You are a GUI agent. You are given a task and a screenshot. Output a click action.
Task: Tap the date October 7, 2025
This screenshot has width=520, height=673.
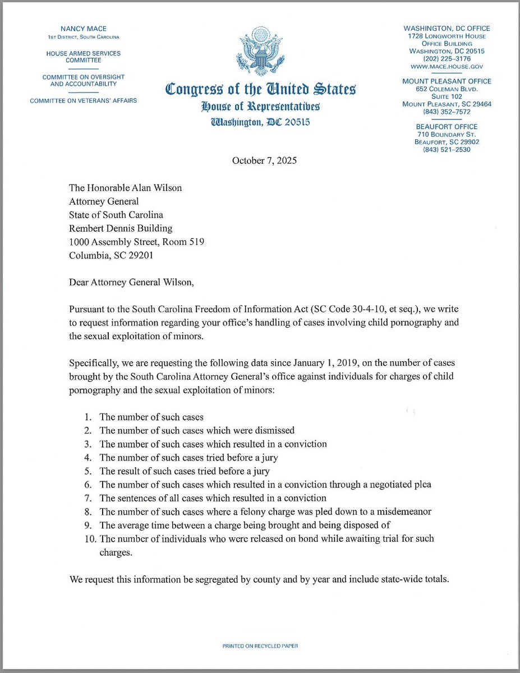pyautogui.click(x=260, y=160)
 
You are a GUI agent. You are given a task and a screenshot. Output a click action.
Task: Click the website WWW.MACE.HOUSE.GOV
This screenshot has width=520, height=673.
pyautogui.click(x=447, y=67)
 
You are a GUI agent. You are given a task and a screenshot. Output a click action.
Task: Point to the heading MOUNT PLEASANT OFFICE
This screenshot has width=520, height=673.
pyautogui.click(x=447, y=81)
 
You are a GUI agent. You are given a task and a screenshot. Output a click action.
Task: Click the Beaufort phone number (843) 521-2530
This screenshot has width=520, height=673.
pyautogui.click(x=447, y=150)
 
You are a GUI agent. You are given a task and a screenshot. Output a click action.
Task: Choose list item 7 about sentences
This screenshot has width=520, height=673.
pyautogui.click(x=213, y=498)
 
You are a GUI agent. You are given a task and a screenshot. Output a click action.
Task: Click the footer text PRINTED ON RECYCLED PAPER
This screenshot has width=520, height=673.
pyautogui.click(x=260, y=646)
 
